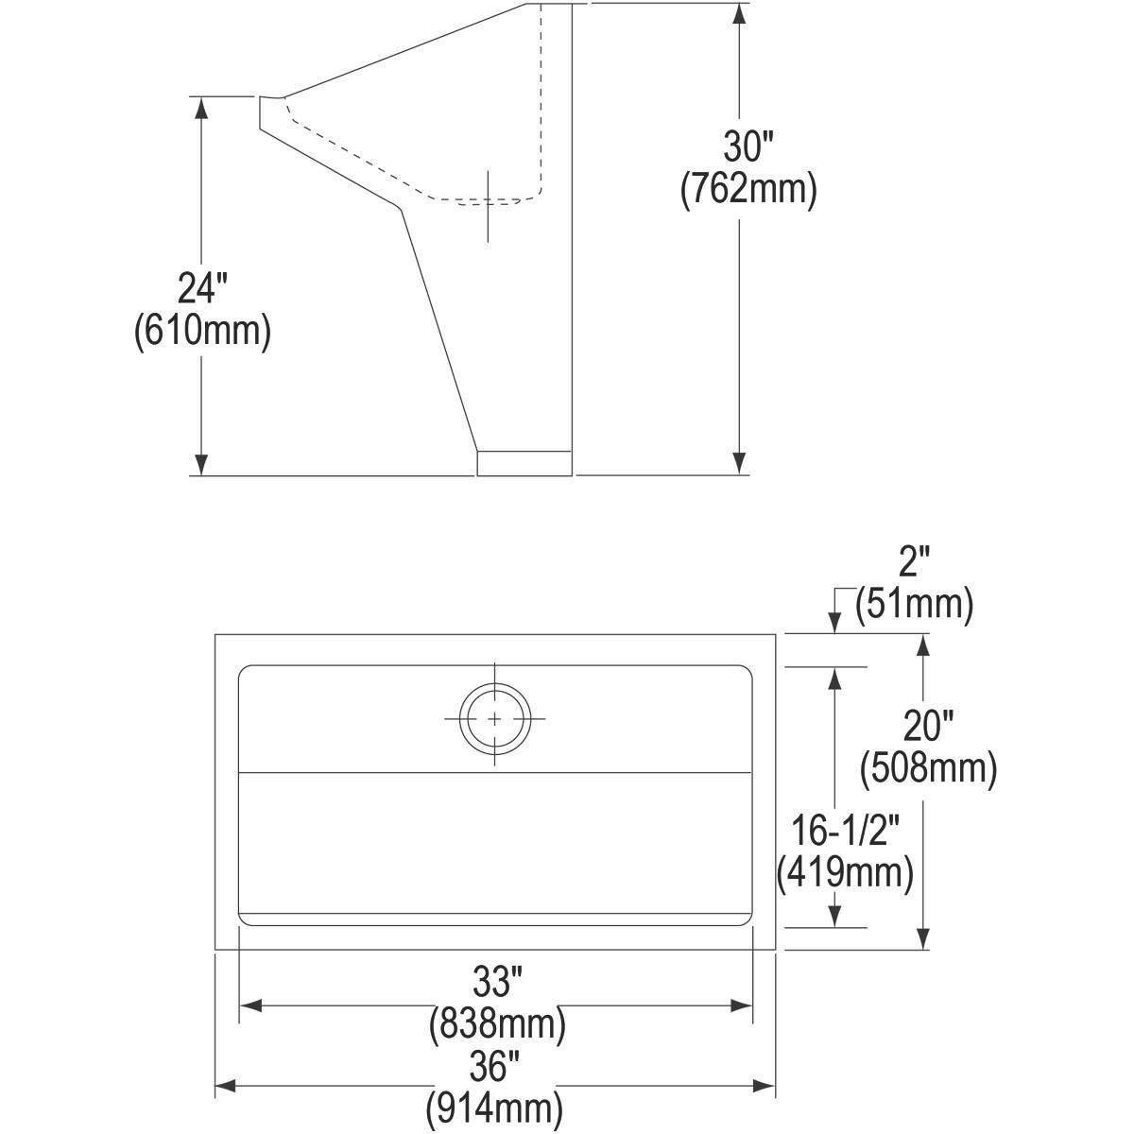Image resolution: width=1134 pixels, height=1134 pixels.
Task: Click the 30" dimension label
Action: click(748, 147)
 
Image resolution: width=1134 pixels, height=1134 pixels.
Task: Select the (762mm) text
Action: click(748, 190)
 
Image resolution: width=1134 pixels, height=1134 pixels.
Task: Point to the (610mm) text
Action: click(203, 331)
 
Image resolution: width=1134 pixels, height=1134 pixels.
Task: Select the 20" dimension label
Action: click(928, 726)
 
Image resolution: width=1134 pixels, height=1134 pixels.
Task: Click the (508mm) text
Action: click(928, 768)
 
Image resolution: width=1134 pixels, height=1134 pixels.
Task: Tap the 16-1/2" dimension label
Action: click(844, 832)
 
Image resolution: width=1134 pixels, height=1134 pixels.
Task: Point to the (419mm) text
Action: click(844, 873)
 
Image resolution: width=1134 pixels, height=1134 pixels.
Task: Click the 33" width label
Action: click(497, 984)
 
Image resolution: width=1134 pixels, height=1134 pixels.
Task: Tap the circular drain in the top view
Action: click(494, 719)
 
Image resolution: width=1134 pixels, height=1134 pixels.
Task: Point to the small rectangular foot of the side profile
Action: click(524, 463)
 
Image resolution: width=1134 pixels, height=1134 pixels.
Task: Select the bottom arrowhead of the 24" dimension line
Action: click(200, 464)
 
